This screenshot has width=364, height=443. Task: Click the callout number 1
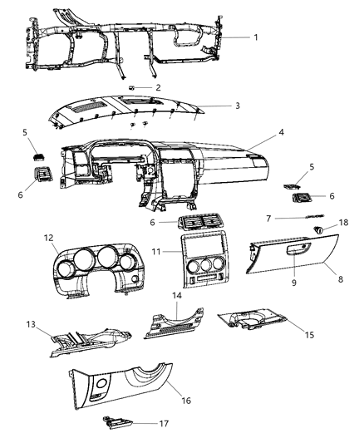256,37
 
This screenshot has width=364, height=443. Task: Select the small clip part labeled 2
134,87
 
